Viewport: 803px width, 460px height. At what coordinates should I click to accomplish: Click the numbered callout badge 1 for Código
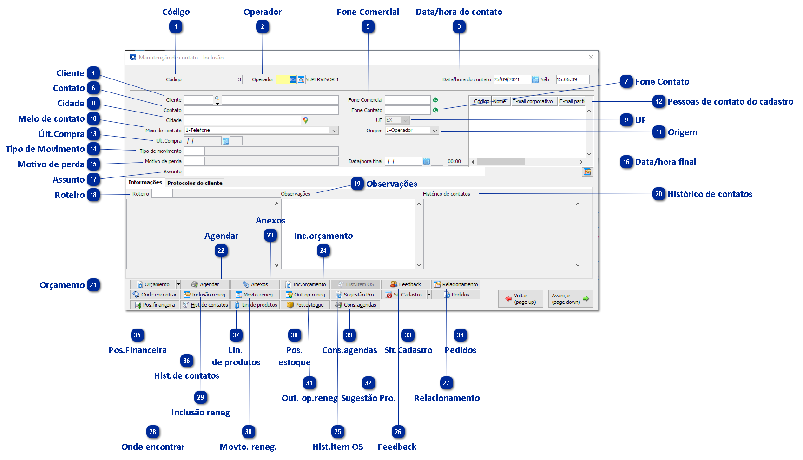176,27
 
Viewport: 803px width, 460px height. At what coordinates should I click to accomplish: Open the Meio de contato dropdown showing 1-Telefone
261,131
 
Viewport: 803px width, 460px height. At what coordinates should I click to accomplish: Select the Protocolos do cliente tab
195,183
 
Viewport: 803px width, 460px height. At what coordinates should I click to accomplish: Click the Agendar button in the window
205,284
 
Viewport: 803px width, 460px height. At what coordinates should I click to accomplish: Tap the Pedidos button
456,295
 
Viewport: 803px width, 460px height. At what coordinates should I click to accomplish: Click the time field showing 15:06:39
572,79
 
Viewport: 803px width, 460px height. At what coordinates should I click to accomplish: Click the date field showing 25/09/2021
511,79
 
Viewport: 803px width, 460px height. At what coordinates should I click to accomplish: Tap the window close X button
591,57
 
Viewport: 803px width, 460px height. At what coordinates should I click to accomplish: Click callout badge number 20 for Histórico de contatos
659,194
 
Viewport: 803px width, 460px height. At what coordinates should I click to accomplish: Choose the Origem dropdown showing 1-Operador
412,131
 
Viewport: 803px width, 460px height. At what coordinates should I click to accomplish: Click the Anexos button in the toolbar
255,284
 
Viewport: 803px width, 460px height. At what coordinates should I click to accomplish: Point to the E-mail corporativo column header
533,101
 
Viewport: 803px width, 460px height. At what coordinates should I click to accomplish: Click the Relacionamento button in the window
456,284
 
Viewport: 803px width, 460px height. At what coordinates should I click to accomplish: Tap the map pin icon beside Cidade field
306,120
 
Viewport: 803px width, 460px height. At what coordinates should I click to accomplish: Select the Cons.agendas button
355,305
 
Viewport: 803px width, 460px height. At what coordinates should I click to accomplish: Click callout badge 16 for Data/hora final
626,162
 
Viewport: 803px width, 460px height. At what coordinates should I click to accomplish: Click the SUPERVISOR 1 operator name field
363,79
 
